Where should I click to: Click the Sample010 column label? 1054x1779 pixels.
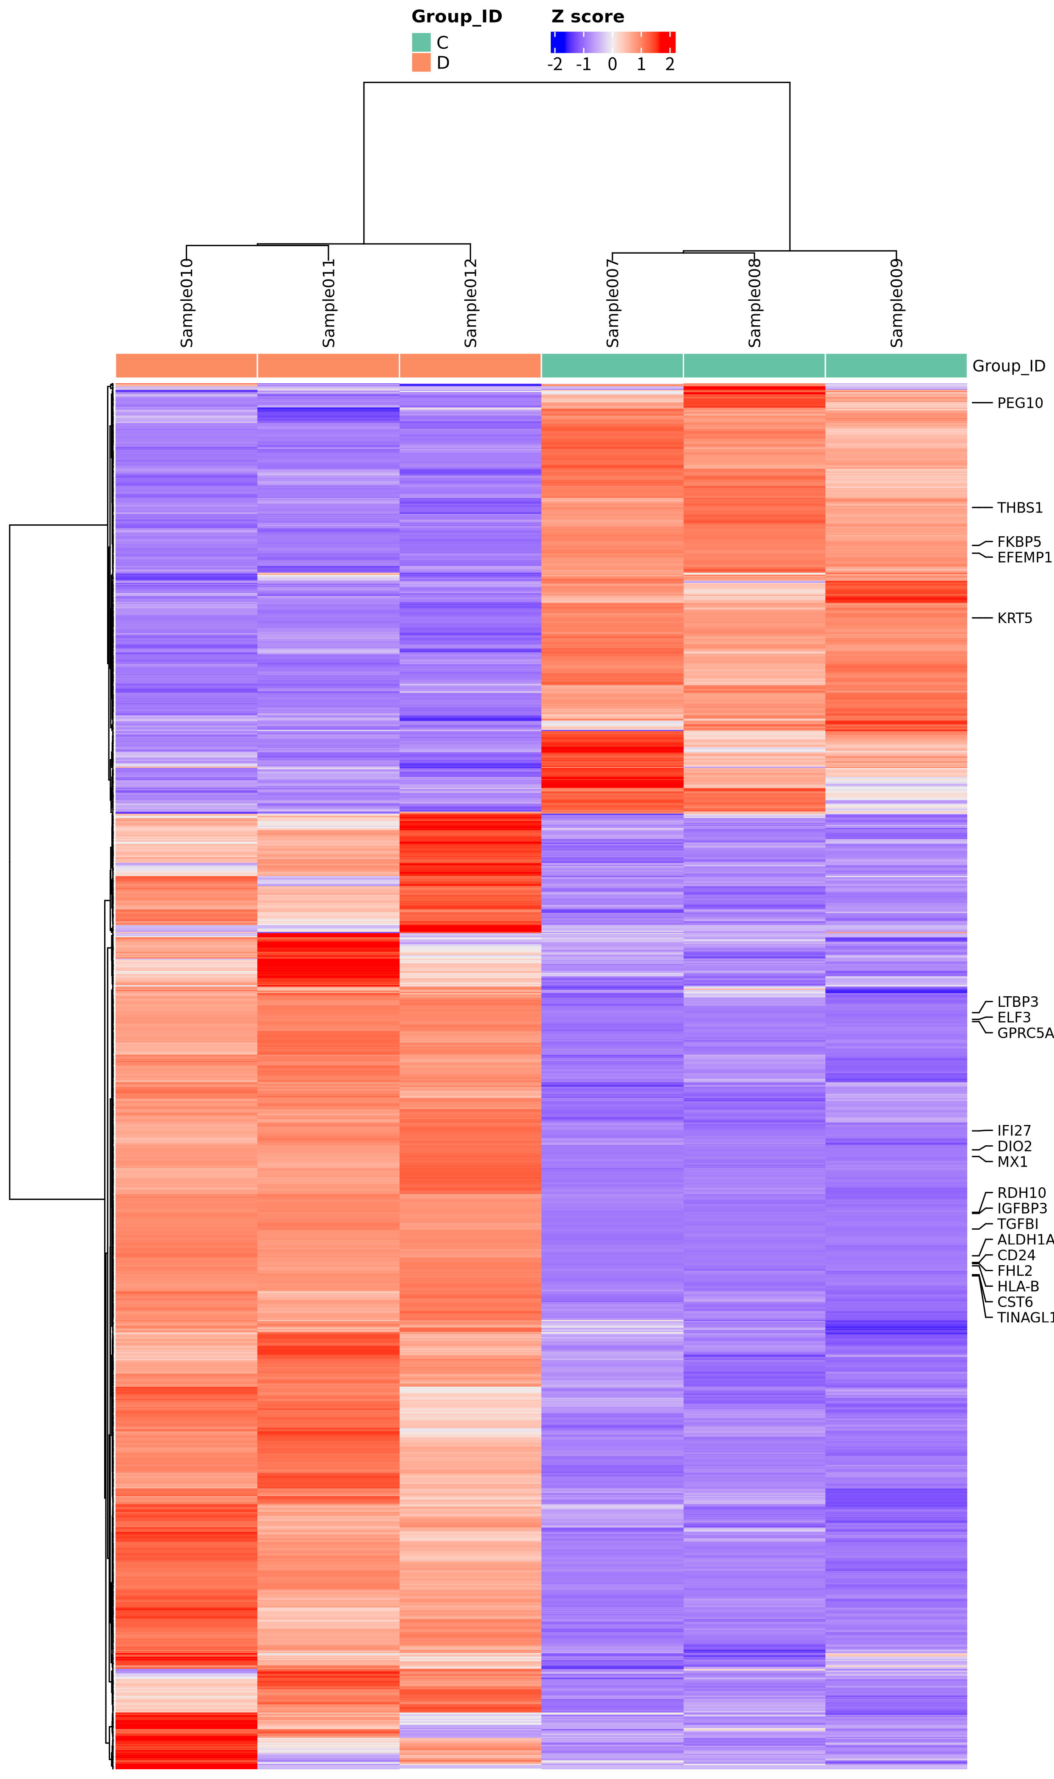pyautogui.click(x=187, y=303)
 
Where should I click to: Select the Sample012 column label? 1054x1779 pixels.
pyautogui.click(x=470, y=303)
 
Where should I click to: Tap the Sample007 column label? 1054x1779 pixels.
pyautogui.click(x=612, y=303)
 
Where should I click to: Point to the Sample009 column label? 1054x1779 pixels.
pyautogui.click(x=897, y=303)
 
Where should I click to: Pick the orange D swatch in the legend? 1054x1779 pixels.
pyautogui.click(x=421, y=63)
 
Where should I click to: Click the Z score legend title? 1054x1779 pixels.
pyautogui.click(x=588, y=17)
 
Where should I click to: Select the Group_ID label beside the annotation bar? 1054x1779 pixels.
pyautogui.click(x=1009, y=366)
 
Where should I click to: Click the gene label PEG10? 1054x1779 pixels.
pyautogui.click(x=1020, y=403)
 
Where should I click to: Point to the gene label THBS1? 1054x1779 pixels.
pyautogui.click(x=1020, y=507)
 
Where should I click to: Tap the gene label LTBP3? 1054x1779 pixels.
pyautogui.click(x=1017, y=1001)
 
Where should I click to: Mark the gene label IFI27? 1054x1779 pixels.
pyautogui.click(x=1013, y=1130)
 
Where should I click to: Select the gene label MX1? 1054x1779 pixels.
pyautogui.click(x=1012, y=1161)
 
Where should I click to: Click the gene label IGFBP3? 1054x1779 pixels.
pyautogui.click(x=1022, y=1208)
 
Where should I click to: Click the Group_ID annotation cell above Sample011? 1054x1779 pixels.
pyautogui.click(x=328, y=365)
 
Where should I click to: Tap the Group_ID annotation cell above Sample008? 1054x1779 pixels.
pyautogui.click(x=754, y=365)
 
